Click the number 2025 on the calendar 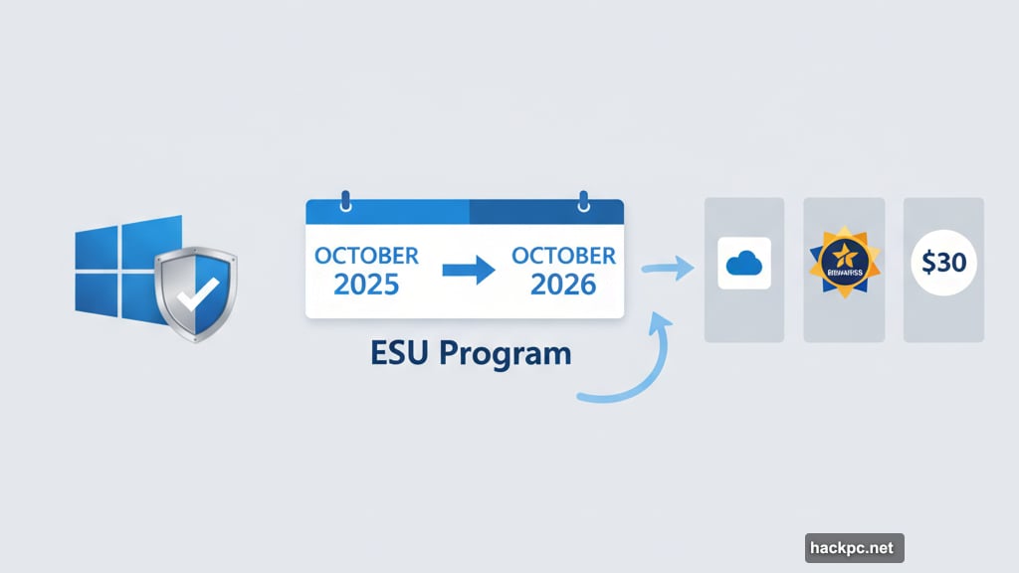click(366, 285)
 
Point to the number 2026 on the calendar click(562, 285)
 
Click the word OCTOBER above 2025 click(366, 256)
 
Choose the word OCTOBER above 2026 click(563, 256)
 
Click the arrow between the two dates click(466, 271)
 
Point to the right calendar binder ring click(583, 200)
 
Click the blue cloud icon click(744, 264)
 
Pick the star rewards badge click(844, 264)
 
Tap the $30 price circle click(943, 264)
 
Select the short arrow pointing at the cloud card click(668, 267)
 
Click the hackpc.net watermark click(855, 547)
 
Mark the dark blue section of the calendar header click(545, 211)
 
